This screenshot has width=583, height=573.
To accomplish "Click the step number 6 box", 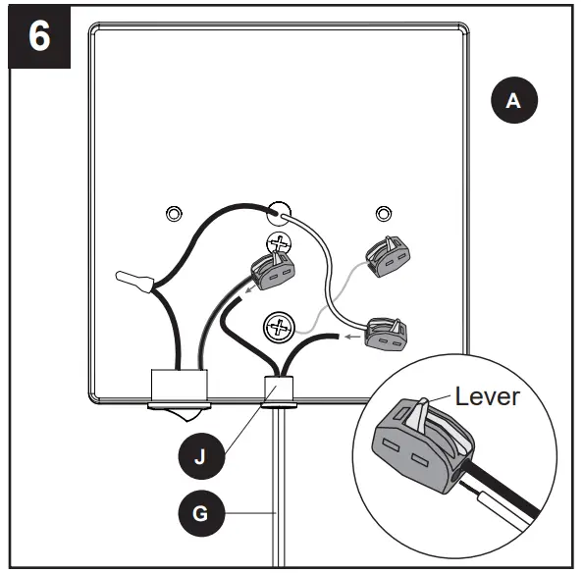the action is (x=39, y=36).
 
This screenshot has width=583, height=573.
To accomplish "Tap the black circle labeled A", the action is (x=514, y=100).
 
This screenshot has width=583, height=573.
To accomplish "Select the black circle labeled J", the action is (x=201, y=456).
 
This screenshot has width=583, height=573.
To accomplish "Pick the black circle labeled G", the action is (x=201, y=513).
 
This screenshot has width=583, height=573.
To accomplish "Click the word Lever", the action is (x=487, y=396).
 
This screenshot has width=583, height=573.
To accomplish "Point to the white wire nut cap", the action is (x=134, y=281).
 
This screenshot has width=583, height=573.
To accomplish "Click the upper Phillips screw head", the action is (x=279, y=244).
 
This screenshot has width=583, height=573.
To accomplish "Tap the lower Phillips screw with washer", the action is (x=279, y=328).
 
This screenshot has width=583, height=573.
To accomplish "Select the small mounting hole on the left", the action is (x=174, y=214).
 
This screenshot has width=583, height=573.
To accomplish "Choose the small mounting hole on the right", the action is (x=384, y=214).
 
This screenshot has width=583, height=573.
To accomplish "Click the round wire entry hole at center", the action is (x=279, y=214).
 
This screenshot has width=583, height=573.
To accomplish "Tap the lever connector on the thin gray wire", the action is (x=388, y=257).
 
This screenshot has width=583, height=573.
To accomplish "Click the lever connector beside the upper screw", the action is (x=273, y=270).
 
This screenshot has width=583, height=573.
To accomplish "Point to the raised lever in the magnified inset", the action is (x=421, y=414).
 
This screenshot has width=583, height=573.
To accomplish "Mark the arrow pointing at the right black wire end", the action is (x=353, y=337).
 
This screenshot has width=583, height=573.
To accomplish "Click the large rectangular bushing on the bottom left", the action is (x=180, y=385).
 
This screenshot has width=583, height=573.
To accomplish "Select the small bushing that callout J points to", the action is (x=279, y=389).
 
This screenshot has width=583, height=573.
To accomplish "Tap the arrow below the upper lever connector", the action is (x=250, y=289).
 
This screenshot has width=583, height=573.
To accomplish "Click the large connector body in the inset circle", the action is (x=424, y=445).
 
